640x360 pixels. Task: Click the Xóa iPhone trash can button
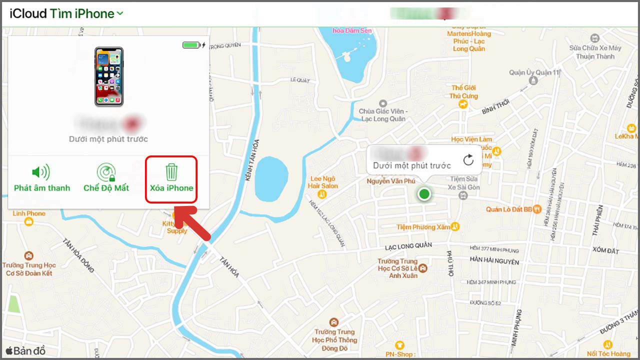pyautogui.click(x=171, y=172)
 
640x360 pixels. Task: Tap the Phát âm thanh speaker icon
pyautogui.click(x=41, y=173)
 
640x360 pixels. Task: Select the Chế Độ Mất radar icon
pyautogui.click(x=106, y=173)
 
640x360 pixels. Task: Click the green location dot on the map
pyautogui.click(x=424, y=194)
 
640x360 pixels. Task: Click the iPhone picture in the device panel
pyautogui.click(x=108, y=76)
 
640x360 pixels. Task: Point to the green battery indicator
pyautogui.click(x=191, y=45)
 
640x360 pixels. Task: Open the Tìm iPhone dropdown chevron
pyautogui.click(x=120, y=14)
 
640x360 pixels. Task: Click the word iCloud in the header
pyautogui.click(x=28, y=13)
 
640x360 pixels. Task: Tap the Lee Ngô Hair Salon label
pyautogui.click(x=323, y=182)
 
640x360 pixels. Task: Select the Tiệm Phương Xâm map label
pyautogui.click(x=423, y=227)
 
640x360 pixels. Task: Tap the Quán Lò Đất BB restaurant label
pyautogui.click(x=509, y=209)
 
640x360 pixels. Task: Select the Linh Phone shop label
pyautogui.click(x=29, y=213)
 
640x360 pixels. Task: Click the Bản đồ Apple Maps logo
pyautogui.click(x=25, y=351)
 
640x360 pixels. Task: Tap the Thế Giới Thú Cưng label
pyautogui.click(x=463, y=92)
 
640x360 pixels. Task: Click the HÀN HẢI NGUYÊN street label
pyautogui.click(x=494, y=261)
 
